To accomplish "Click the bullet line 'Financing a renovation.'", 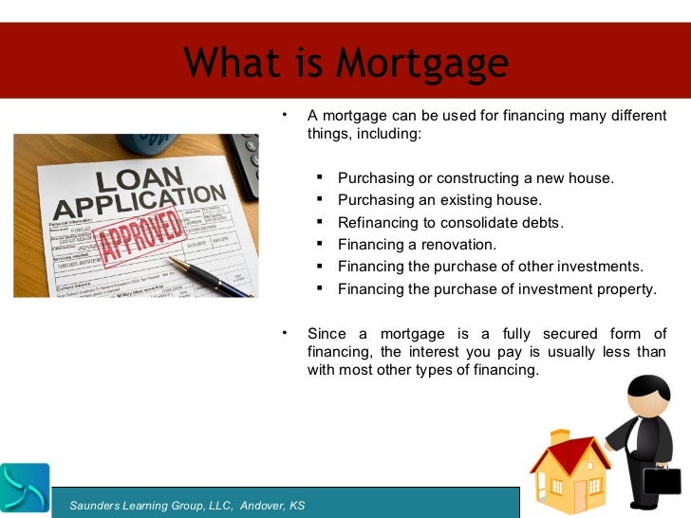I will (417, 245).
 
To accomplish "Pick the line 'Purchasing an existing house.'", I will (439, 200).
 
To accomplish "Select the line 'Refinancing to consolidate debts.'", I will (451, 223).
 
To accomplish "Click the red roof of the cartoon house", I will (569, 445).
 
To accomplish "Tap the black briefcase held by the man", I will (663, 480).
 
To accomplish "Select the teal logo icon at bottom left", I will (25, 488).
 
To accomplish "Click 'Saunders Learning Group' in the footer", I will (151, 506).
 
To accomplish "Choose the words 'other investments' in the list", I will (582, 267).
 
